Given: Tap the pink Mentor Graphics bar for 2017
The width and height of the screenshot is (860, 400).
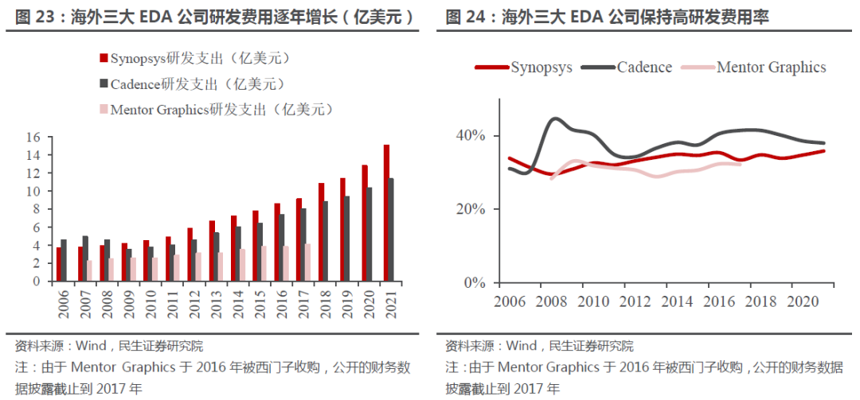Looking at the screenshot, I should tap(307, 262).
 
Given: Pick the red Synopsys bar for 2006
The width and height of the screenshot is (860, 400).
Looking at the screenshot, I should tap(58, 264).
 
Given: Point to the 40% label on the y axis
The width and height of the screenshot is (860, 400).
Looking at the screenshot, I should tap(471, 136).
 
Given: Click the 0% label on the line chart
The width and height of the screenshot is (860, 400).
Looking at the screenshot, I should tap(475, 283).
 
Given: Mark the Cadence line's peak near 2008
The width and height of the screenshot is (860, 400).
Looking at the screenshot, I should tap(556, 119).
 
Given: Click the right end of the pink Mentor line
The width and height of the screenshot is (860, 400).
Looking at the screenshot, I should tap(741, 164).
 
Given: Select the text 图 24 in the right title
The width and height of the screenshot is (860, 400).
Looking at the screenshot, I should tap(463, 17).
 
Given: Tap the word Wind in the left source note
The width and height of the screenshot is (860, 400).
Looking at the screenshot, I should tap(90, 346).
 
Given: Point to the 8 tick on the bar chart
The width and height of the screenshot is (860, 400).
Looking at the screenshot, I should tap(36, 209).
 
